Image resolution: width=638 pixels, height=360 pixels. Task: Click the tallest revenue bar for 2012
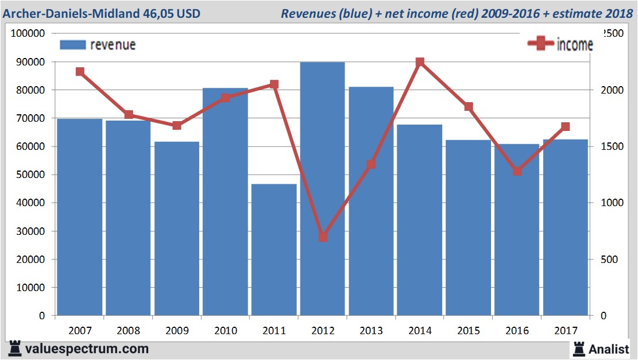(x=322, y=189)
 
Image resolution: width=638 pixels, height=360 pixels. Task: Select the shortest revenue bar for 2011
(x=274, y=250)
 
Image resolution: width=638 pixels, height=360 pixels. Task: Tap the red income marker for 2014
(x=420, y=62)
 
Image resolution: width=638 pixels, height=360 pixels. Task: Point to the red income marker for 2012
(x=323, y=237)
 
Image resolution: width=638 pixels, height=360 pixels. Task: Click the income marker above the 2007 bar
(x=80, y=72)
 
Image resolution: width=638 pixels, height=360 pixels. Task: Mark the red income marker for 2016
(x=517, y=171)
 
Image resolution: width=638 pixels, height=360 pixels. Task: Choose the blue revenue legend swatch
(x=72, y=45)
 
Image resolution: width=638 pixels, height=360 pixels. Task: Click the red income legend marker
(x=541, y=44)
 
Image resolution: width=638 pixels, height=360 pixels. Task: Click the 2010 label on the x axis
(x=225, y=331)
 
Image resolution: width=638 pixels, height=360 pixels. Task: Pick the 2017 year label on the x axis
(x=565, y=331)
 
